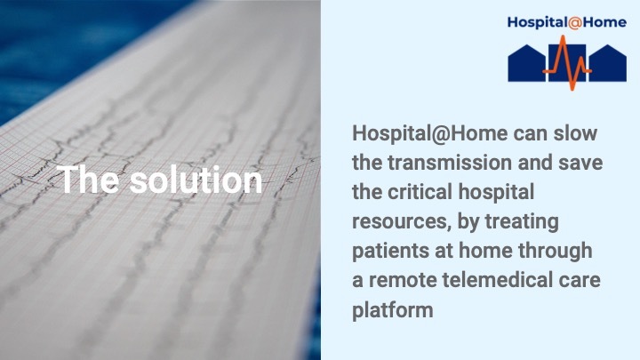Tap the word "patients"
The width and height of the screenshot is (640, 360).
(x=393, y=252)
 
